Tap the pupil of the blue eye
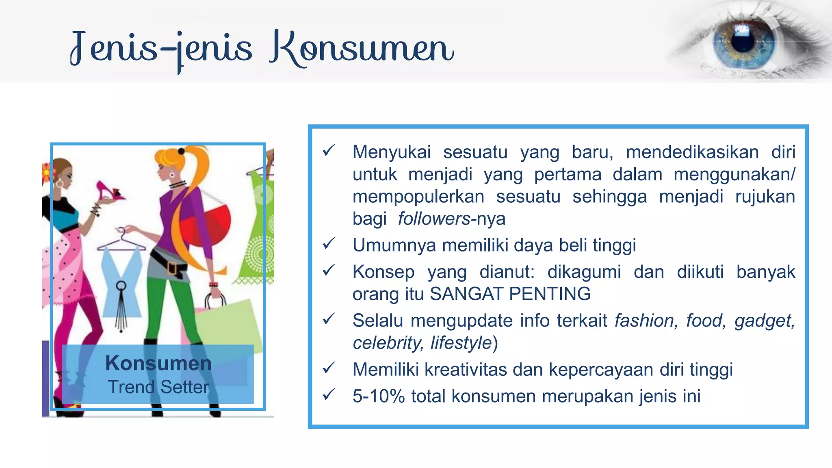[743, 39]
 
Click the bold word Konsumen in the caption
[158, 363]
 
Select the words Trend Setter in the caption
[158, 387]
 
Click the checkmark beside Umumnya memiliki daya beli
[328, 244]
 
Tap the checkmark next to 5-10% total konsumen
[328, 394]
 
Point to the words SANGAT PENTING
[510, 294]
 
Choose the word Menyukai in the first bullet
[392, 152]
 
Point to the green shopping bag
[227, 325]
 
